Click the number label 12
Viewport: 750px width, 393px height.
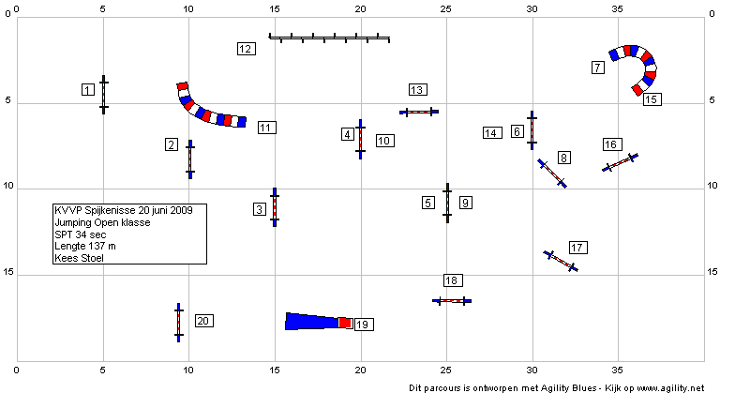(246, 49)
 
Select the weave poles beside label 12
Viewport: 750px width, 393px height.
(330, 38)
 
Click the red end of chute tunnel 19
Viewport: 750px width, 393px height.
(345, 323)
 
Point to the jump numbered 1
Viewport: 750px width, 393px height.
(103, 95)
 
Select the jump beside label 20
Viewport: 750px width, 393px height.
(178, 323)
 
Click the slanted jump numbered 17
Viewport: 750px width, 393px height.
(561, 261)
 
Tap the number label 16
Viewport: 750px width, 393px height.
(612, 144)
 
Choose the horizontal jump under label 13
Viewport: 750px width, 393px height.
(419, 112)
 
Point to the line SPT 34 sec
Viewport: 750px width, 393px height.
(81, 234)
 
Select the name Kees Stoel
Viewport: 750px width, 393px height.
(79, 258)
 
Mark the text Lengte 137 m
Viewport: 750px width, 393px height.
(85, 246)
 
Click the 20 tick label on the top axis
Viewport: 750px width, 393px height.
(360, 9)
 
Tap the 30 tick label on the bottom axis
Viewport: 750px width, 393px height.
(532, 370)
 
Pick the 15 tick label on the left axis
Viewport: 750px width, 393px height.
(7, 272)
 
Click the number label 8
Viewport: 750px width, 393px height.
(564, 158)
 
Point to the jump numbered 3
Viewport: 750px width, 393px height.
(275, 207)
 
